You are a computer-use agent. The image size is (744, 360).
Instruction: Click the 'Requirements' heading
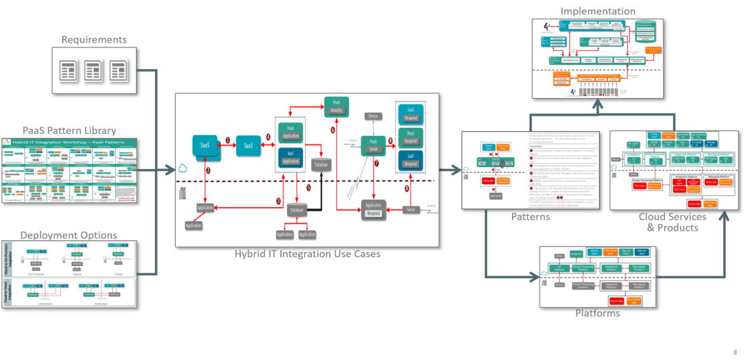95,41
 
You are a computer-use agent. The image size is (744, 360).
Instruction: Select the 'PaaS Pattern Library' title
69,130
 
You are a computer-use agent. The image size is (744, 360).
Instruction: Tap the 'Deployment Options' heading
68,235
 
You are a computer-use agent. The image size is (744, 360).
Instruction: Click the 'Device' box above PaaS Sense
373,116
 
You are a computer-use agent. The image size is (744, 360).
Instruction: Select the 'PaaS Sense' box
373,145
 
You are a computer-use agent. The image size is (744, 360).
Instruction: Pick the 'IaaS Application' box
291,157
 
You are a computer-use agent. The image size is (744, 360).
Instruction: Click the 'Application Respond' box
373,208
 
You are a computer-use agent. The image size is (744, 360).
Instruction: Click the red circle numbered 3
278,202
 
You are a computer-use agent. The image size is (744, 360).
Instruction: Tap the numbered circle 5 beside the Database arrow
308,188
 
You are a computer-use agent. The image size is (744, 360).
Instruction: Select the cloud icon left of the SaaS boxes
184,169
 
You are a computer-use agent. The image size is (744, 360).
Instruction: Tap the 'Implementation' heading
598,12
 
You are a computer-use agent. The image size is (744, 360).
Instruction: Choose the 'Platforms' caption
597,313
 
